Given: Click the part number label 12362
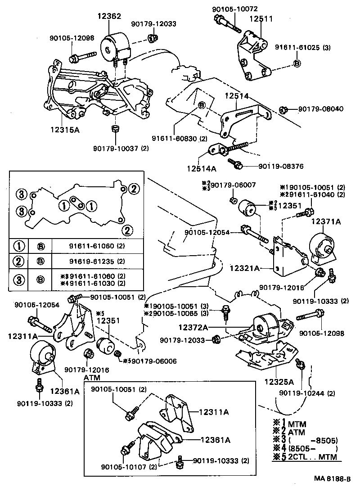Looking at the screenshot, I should tap(108, 16).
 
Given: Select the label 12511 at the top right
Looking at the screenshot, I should tap(261, 19).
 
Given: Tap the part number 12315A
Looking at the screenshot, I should tap(65, 130).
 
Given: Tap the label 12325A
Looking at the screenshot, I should tap(279, 382).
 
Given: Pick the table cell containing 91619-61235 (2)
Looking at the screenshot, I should tap(97, 262).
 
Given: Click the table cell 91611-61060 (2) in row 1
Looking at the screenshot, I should tap(97, 246).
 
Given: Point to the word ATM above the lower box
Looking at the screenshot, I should tap(92, 377).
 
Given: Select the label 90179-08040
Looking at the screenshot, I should tap(317, 109).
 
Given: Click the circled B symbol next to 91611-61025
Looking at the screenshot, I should tap(297, 63).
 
